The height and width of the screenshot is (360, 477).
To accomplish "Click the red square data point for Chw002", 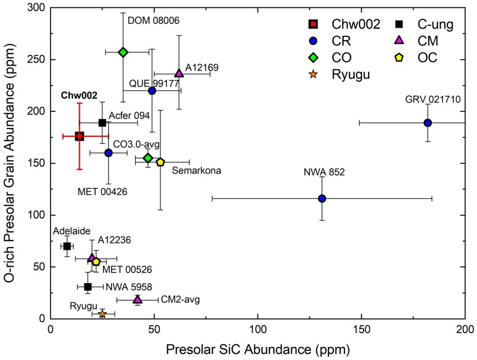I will click(80, 136).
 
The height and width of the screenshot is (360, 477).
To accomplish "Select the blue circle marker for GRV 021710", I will click(428, 123).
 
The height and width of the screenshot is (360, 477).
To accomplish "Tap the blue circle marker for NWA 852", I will click(322, 198).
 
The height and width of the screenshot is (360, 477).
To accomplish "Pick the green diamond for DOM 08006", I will click(123, 52).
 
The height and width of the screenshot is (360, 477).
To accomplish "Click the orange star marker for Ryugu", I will click(102, 314).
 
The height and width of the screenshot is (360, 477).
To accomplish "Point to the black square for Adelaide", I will click(67, 246).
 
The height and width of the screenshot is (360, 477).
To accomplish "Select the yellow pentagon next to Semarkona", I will click(160, 162).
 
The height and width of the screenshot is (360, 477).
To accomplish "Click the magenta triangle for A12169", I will click(179, 73).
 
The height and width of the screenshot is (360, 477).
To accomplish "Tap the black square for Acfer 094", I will click(102, 123).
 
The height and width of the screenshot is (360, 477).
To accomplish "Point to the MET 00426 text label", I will click(102, 191).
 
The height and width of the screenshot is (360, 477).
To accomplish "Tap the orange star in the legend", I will click(313, 74).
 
